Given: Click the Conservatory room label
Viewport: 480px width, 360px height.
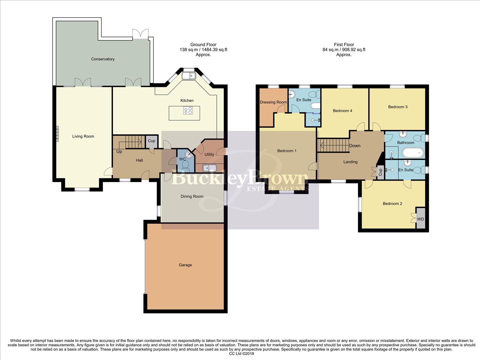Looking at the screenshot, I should pos(103,59).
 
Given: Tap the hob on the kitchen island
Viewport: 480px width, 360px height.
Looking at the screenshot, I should pos(188,110).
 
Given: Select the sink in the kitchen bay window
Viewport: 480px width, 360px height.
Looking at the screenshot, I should pos(189,76).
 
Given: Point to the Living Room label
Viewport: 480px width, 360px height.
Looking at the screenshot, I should pos(83,136).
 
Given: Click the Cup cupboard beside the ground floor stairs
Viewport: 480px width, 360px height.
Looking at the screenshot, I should pos(151,141).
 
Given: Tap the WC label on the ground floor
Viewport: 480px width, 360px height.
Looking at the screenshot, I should pos(182,159).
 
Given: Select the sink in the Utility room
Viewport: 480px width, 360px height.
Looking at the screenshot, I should pos(209,168).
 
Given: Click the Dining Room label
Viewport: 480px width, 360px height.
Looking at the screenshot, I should pos(192,197).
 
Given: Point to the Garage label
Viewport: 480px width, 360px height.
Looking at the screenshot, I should pos(185,265).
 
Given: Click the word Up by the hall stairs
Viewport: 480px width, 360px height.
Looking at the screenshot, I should pos(119,152).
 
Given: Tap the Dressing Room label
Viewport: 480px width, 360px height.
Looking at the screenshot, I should pos(273,102).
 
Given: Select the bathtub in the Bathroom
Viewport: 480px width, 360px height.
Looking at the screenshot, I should pos(413,153).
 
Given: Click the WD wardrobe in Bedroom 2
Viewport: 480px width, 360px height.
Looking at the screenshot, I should pos(421,219).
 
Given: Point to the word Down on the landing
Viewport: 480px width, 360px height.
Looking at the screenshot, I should pos(355,146).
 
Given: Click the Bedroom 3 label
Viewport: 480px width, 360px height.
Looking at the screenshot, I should pos(398,107).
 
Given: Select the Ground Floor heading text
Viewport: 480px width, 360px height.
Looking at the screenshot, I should pos(203,45).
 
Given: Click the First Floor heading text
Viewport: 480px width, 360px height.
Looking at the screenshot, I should pos(344,45).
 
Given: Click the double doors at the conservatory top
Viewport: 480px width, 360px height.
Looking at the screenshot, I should pos(140,34).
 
